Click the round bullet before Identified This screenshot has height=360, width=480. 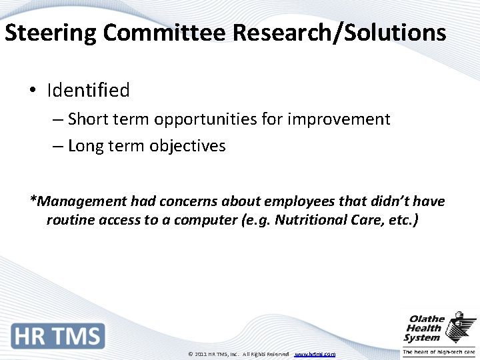click(33, 90)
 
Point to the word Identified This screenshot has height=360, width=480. click(88, 90)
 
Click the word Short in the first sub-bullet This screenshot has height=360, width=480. click(89, 119)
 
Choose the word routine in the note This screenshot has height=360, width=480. click(69, 219)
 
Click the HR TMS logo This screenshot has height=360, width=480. click(58, 336)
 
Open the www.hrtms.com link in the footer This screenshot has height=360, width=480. click(315, 354)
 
